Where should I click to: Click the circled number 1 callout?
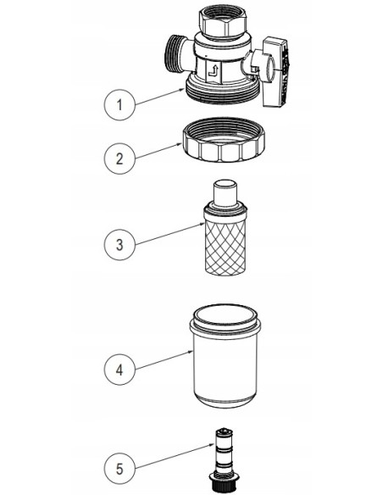[x=119, y=105]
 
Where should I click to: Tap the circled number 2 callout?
[x=119, y=159]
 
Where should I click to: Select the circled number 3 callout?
[x=119, y=244]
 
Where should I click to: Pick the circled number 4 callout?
[x=119, y=370]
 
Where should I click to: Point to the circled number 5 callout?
[x=119, y=469]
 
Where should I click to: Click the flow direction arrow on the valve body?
[x=214, y=71]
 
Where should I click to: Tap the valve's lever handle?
[x=275, y=72]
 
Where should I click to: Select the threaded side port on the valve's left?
[x=175, y=53]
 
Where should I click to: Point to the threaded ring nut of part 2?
[x=224, y=140]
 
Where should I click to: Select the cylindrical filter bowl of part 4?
[x=225, y=356]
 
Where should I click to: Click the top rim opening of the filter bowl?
[x=225, y=315]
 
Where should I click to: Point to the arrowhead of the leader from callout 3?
[x=203, y=224]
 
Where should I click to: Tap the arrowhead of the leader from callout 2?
[x=180, y=144]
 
